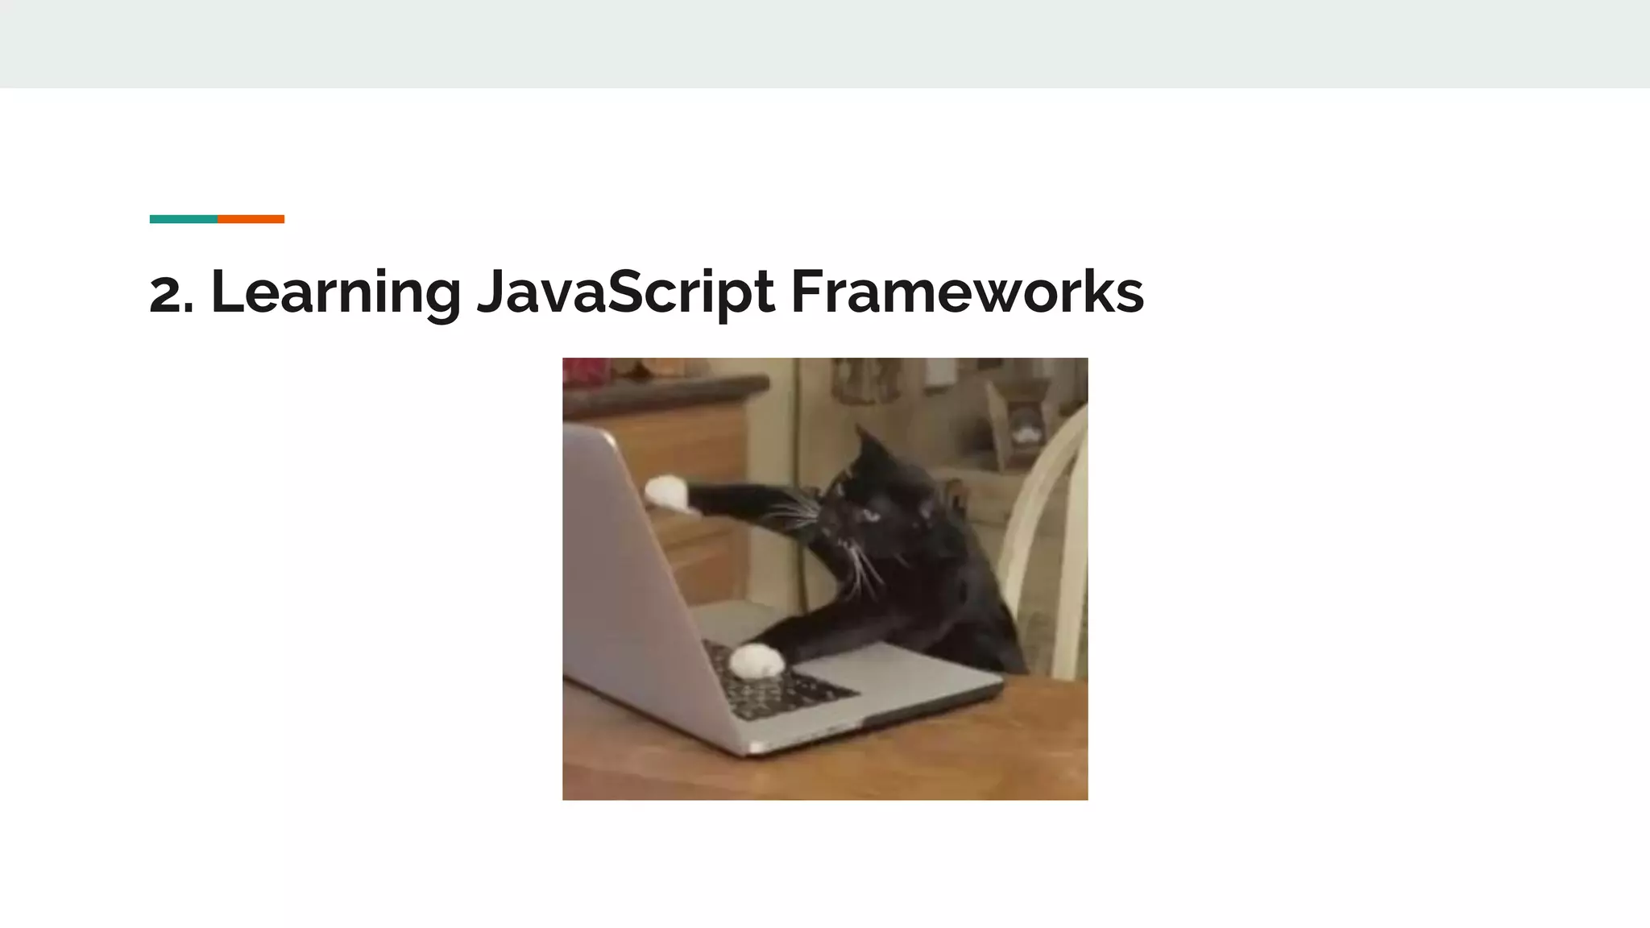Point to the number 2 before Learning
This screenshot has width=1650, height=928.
(166, 295)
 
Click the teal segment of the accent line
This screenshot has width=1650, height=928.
(183, 219)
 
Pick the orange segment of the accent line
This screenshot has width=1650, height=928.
(251, 219)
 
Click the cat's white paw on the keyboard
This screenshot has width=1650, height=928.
(757, 661)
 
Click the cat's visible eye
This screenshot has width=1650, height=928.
(870, 513)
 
